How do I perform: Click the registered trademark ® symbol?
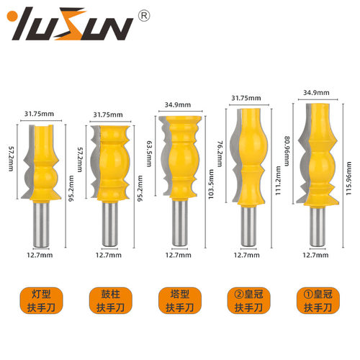(x=144, y=16)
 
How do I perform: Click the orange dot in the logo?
(x=12, y=17)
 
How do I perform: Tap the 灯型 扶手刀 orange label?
(x=41, y=301)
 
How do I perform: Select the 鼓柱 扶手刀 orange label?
(x=110, y=301)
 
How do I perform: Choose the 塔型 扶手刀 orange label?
(x=180, y=301)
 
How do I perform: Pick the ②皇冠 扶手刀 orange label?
(x=248, y=301)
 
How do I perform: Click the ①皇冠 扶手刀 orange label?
(x=318, y=301)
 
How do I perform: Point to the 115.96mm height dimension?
(x=348, y=179)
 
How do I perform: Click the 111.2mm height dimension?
(x=278, y=181)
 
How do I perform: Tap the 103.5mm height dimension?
(x=211, y=184)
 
